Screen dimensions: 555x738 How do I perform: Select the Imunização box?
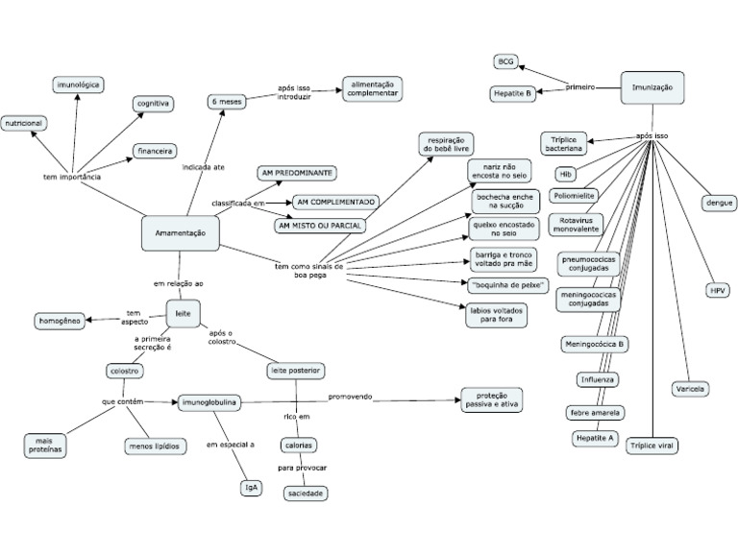click(x=652, y=87)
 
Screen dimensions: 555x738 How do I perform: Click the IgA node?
click(x=249, y=487)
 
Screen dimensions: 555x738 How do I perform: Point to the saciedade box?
click(x=306, y=493)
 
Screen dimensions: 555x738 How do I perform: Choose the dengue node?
click(x=720, y=203)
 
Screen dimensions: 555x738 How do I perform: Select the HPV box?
click(x=718, y=290)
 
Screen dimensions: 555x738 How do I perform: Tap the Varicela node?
click(x=691, y=389)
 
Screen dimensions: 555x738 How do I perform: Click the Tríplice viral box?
click(x=652, y=446)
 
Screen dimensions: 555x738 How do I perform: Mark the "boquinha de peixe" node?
click(x=508, y=285)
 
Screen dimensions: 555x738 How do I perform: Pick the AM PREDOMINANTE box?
click(x=296, y=173)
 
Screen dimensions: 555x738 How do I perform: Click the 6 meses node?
click(x=226, y=101)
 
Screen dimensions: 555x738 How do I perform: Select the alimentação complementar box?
click(x=371, y=89)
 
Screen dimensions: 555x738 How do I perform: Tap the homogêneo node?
click(x=60, y=320)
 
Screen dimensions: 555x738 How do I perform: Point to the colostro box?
click(x=125, y=371)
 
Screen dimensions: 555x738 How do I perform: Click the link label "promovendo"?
click(x=350, y=397)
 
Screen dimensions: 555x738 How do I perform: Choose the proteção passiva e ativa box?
click(x=491, y=398)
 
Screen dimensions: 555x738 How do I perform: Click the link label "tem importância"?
click(x=73, y=177)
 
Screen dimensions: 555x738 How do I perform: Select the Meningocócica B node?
click(x=595, y=343)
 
